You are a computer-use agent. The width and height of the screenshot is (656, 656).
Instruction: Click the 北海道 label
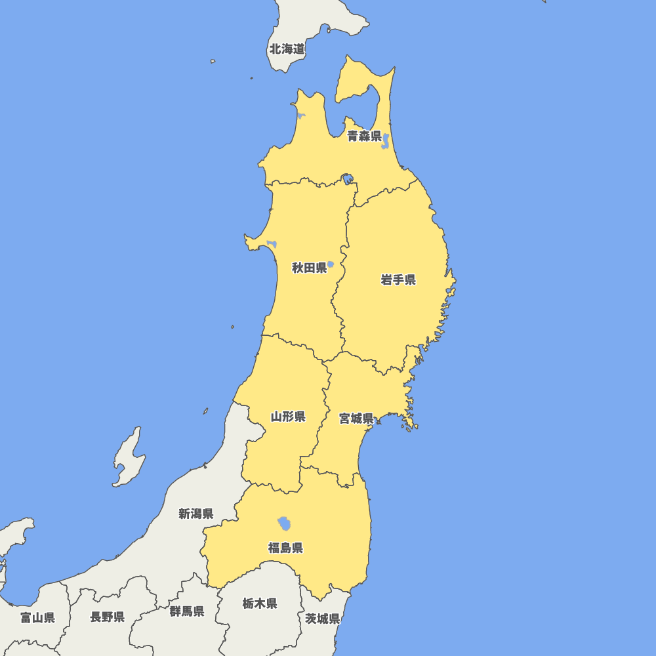click(287, 49)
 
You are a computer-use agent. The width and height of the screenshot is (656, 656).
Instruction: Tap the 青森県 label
click(364, 136)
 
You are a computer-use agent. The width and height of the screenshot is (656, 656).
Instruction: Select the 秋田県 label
click(309, 268)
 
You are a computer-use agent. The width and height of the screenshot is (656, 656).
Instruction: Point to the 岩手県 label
click(398, 280)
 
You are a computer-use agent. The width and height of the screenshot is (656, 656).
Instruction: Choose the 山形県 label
click(288, 417)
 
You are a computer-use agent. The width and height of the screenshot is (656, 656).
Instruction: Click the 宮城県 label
click(356, 418)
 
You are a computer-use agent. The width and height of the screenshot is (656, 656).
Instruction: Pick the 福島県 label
click(285, 548)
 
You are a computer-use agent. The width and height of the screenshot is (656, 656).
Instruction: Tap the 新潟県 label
click(195, 514)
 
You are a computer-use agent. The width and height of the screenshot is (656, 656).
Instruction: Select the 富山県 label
click(37, 617)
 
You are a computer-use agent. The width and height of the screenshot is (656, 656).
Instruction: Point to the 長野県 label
click(108, 617)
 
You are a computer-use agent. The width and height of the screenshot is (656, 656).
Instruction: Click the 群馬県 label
click(186, 611)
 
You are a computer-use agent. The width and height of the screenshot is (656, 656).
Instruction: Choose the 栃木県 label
click(259, 604)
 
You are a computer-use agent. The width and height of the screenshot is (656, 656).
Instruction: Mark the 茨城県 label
click(322, 619)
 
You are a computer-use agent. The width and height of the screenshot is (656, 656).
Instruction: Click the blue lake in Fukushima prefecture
click(285, 523)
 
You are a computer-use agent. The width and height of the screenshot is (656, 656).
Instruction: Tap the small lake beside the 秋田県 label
click(331, 264)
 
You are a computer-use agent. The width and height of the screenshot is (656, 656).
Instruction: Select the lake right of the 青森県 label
click(386, 140)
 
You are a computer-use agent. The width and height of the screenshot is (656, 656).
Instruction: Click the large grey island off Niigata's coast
click(129, 459)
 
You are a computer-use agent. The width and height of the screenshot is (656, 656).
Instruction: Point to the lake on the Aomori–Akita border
click(346, 178)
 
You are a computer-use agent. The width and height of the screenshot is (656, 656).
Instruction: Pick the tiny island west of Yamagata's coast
click(205, 411)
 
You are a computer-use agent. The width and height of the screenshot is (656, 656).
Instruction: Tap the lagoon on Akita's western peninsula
click(272, 245)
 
